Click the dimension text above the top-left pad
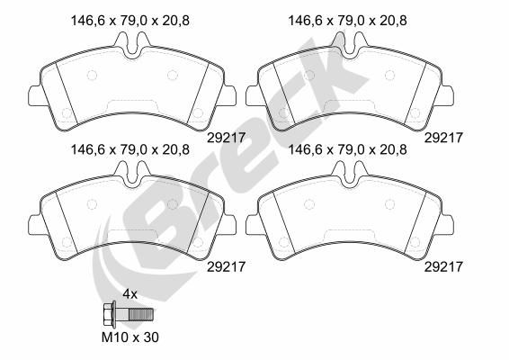(129, 21)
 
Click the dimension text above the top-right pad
(347, 21)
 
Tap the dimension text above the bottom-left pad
(129, 149)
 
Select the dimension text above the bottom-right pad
(347, 149)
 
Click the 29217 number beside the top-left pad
(226, 138)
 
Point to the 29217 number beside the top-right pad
(443, 138)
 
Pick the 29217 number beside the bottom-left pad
(226, 267)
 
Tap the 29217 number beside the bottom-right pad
(443, 267)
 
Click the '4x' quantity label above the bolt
(129, 294)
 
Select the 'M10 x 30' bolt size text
(130, 337)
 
